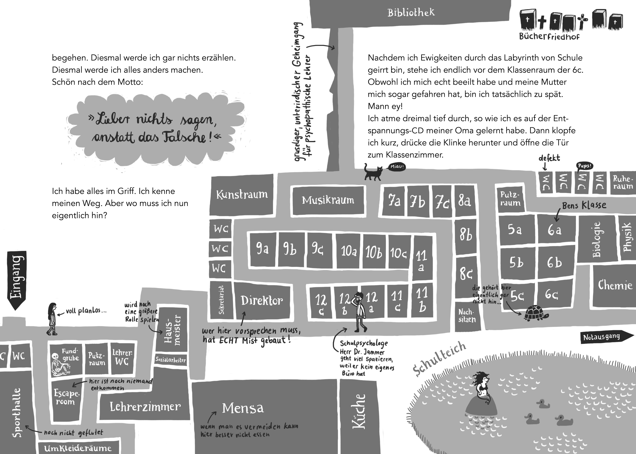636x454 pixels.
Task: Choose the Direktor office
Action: (262, 301)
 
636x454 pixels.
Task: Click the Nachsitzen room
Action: (467, 316)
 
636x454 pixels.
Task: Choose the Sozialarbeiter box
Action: (171, 360)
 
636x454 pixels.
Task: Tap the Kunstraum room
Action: (242, 195)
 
